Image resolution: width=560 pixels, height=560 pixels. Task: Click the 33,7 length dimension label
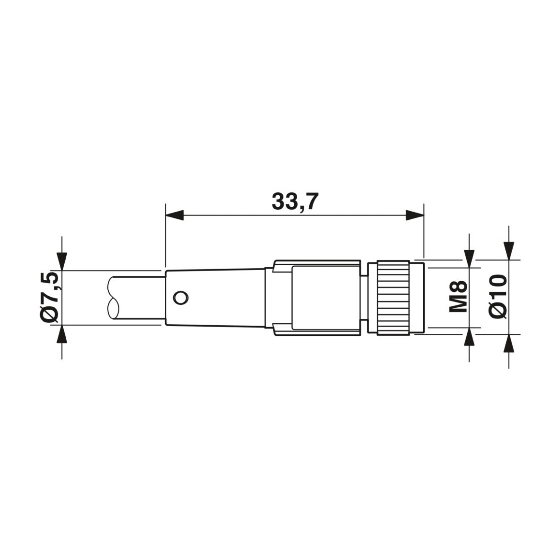click(x=295, y=202)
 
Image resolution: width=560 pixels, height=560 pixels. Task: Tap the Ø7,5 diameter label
click(x=49, y=298)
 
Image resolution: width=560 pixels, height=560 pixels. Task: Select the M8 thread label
click(x=458, y=297)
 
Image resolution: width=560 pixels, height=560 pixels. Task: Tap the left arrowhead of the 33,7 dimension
click(x=174, y=215)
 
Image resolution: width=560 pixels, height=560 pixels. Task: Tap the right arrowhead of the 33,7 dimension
click(x=415, y=215)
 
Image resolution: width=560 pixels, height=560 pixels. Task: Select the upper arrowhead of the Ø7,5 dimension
click(x=62, y=261)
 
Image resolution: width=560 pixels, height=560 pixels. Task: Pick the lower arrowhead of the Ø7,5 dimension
click(x=62, y=334)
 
